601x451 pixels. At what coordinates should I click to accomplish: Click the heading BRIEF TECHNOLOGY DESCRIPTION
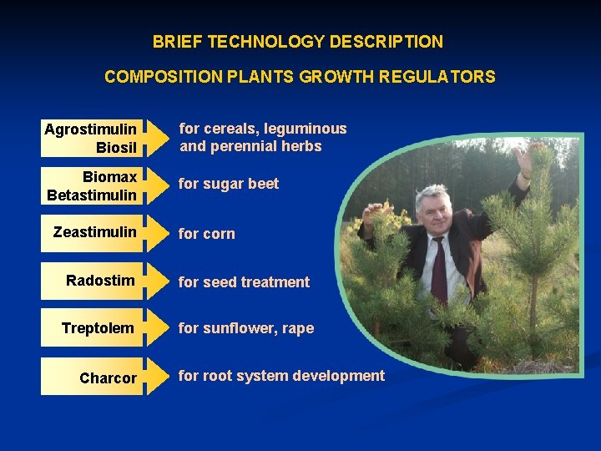coord(298,42)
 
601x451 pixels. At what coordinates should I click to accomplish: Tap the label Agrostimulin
coord(89,129)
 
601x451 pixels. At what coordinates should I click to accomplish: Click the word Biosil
coord(116,147)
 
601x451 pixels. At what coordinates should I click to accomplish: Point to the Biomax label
coord(109,177)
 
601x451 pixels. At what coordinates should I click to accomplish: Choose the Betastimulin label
coord(92,195)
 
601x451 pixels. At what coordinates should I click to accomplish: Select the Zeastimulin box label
coord(94,231)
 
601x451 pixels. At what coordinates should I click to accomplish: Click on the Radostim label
coord(100,280)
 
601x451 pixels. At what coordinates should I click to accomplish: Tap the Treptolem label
coord(98,328)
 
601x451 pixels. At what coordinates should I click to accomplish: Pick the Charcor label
coord(108,378)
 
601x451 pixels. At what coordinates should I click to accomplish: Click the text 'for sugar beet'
coord(229,184)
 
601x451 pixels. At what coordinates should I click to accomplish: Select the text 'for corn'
coord(207,234)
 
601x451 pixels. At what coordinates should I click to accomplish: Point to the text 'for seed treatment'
coord(244,282)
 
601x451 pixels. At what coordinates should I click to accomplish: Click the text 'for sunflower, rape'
coord(246,328)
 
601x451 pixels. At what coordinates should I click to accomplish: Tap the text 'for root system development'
coord(281,376)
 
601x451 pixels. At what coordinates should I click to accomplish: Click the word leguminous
coord(305,129)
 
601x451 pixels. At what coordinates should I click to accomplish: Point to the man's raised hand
coord(524,159)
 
